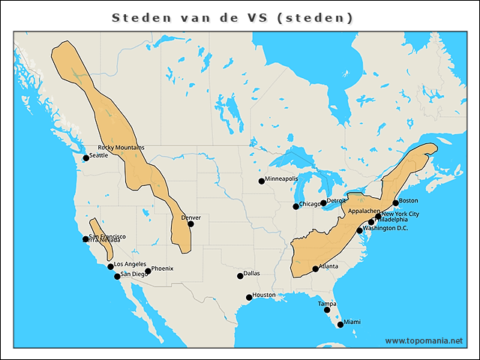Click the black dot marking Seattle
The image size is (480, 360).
coord(85,159)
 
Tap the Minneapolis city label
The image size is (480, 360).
coord(282,179)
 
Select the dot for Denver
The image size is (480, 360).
coord(190,223)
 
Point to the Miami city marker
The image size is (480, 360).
coord(340,325)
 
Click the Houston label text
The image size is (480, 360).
coord(264,295)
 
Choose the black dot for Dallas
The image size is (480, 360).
coord(240,276)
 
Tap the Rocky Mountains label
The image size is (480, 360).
coord(121,148)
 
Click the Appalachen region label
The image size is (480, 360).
coord(364,211)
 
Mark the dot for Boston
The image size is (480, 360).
coord(395,203)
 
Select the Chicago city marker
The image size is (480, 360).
coord(295,206)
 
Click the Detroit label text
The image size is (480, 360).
coord(337,201)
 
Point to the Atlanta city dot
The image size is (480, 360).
coord(315,268)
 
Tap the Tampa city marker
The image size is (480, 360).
coord(327,310)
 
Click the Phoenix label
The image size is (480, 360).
coord(162,268)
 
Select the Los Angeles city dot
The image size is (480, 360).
coord(110,266)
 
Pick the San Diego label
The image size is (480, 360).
coord(133,274)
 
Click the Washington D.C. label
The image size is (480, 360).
coord(385,228)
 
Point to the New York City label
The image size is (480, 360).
coord(400,214)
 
